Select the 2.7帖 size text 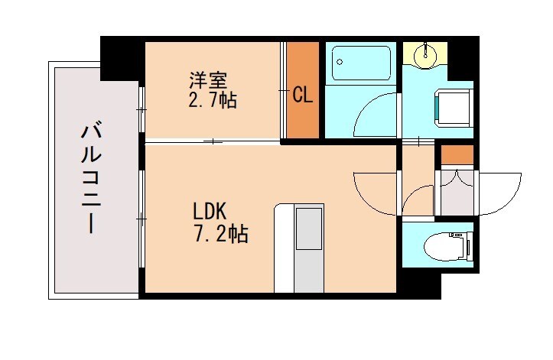coord(213,99)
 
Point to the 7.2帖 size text coord(219,234)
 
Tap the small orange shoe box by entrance coord(457,154)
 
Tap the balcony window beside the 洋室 coord(142,111)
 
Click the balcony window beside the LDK coord(142,218)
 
